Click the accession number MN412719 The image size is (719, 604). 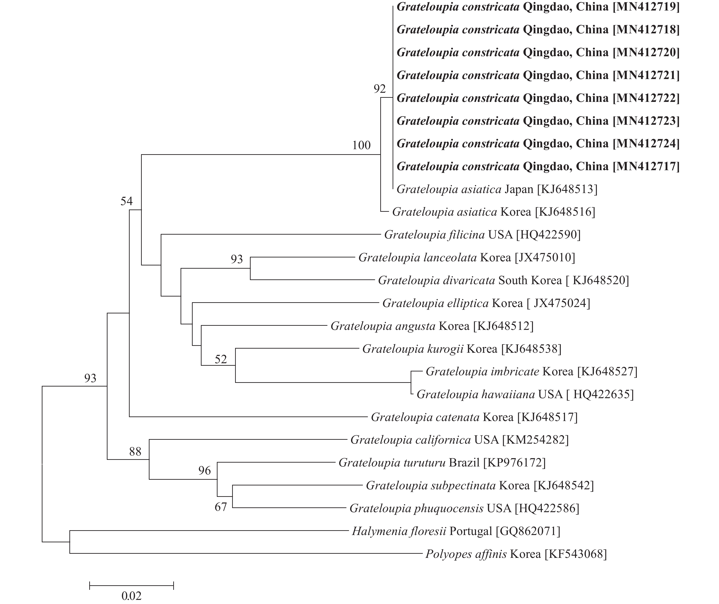tap(646, 7)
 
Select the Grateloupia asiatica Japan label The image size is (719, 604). tap(497, 189)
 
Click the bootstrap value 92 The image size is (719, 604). tap(379, 89)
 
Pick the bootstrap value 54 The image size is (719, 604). tap(126, 201)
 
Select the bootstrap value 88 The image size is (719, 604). tap(135, 452)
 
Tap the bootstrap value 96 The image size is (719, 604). tap(205, 470)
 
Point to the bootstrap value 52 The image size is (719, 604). tap(221, 359)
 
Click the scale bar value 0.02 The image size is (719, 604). tap(131, 596)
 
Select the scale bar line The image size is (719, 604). tap(131, 585)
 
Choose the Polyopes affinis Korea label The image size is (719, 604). tap(516, 554)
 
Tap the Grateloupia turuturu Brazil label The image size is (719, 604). tap(442, 463)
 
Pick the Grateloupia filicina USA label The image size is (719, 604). tap(482, 235)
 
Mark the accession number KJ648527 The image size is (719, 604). tap(607, 371)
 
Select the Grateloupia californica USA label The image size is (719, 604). tap(459, 440)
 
